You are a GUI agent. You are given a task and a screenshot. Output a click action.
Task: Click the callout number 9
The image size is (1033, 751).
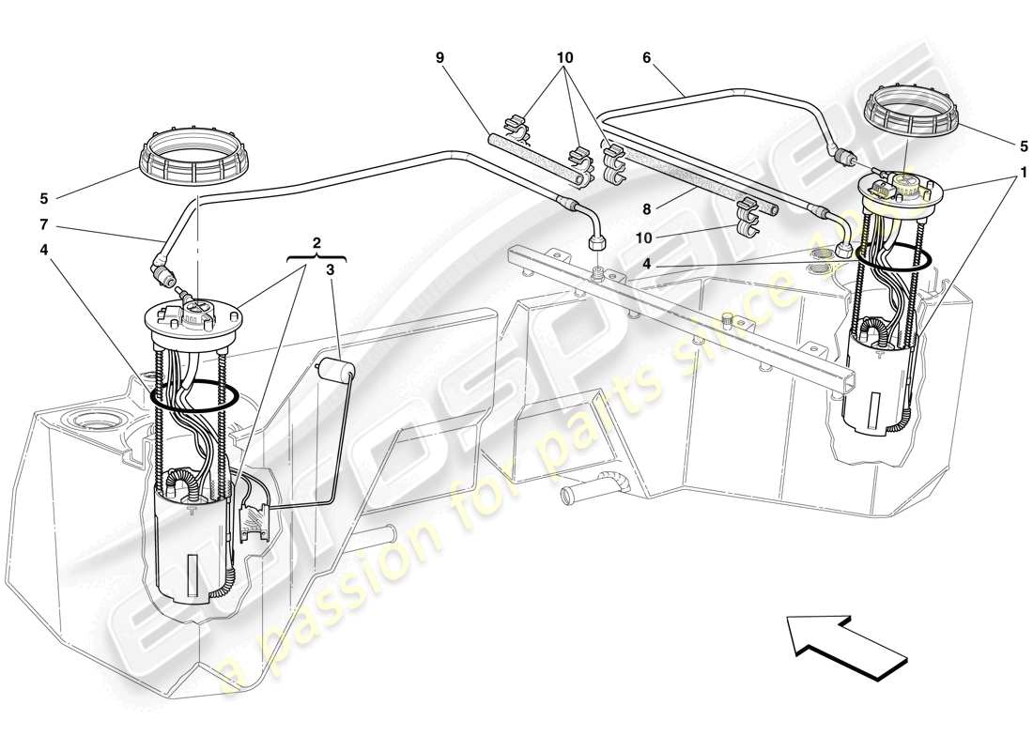(439, 57)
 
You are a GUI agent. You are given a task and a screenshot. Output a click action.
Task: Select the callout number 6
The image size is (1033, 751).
(646, 57)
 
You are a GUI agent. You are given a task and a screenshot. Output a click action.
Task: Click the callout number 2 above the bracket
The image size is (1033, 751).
(316, 243)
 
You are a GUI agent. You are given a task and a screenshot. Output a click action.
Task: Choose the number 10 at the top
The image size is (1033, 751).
(564, 57)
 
